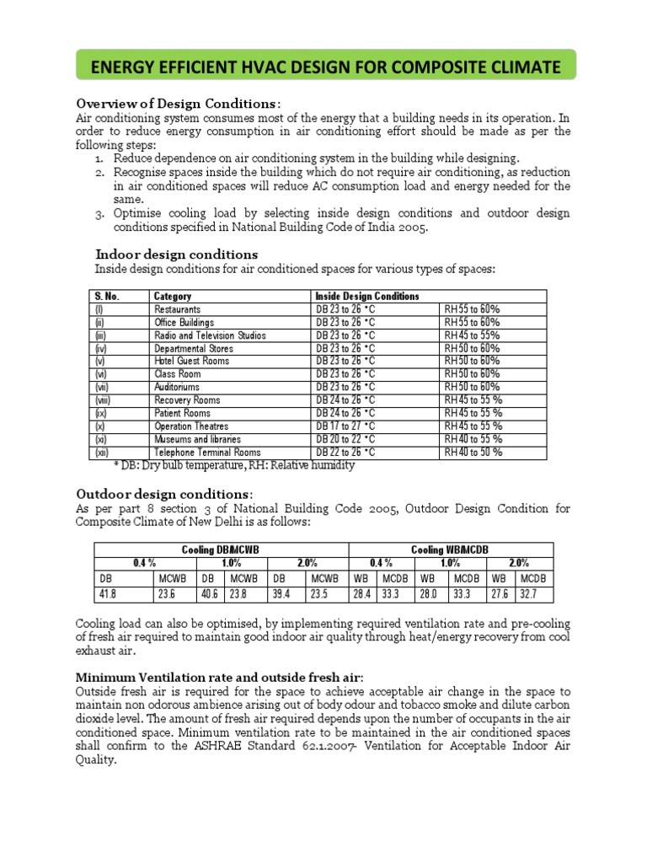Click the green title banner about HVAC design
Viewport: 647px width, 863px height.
tap(323, 65)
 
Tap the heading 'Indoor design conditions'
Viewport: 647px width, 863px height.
tap(177, 255)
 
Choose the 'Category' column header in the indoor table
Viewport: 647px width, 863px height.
tap(173, 297)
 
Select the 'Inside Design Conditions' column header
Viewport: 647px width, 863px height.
tap(366, 297)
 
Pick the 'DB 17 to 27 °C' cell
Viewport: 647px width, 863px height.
tap(345, 426)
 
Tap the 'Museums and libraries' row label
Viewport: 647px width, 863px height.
tap(197, 439)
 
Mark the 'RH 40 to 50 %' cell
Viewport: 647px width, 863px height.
tap(473, 453)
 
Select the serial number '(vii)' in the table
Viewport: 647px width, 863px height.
tap(101, 388)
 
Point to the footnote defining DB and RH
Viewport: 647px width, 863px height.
tap(234, 465)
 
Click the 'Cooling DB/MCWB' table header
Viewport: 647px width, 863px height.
tap(221, 550)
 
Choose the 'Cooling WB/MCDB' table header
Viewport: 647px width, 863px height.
tap(449, 550)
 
